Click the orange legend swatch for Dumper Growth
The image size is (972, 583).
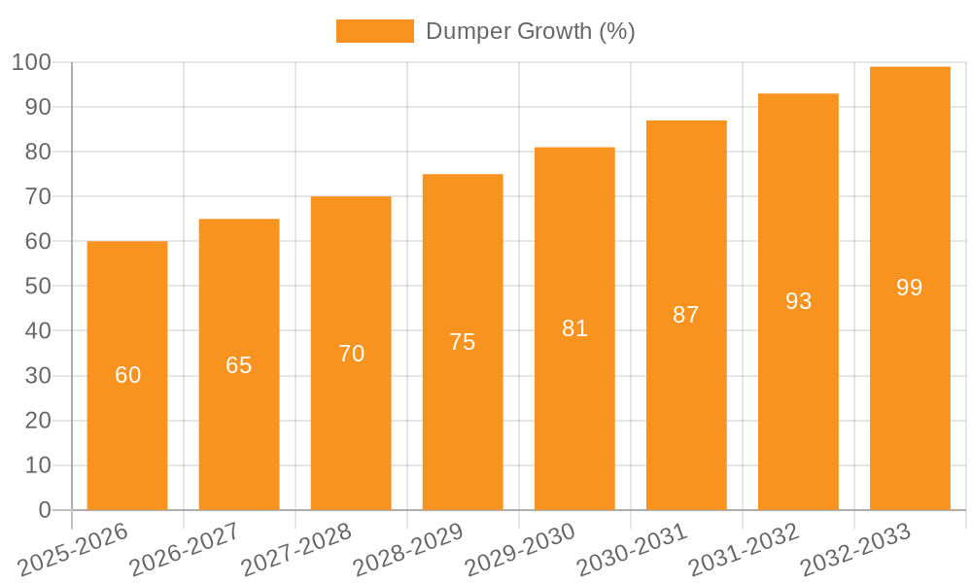(374, 31)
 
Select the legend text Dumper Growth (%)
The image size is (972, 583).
(530, 31)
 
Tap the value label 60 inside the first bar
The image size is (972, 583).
(127, 375)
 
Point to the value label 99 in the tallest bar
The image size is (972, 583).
(910, 288)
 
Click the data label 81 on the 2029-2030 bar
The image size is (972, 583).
(574, 328)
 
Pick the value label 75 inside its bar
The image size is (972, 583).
(463, 342)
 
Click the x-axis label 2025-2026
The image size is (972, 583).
(73, 549)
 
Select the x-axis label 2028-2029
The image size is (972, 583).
(408, 549)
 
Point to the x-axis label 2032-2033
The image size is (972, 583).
(855, 549)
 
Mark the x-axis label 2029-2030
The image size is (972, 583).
(520, 549)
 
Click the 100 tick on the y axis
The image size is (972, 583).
(31, 62)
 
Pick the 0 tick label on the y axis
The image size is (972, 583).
(44, 510)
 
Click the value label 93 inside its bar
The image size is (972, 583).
(798, 301)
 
